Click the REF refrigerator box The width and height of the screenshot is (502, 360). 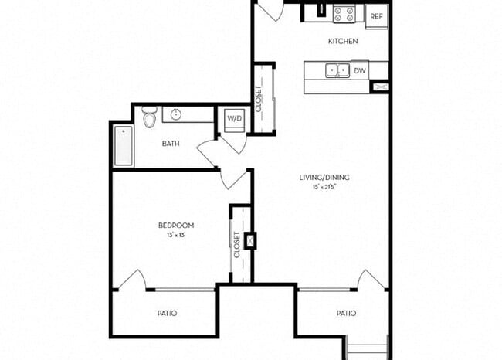click(x=376, y=15)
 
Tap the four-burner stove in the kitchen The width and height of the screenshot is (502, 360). click(x=344, y=14)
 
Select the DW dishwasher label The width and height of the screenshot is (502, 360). click(x=359, y=70)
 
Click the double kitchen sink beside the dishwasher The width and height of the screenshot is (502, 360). click(x=337, y=70)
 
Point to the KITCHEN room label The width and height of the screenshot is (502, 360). click(x=343, y=41)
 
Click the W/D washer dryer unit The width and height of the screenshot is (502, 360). click(x=233, y=119)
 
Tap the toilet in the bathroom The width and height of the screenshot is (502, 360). click(x=150, y=117)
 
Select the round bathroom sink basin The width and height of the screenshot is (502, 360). click(x=176, y=115)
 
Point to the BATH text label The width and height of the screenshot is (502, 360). click(x=171, y=144)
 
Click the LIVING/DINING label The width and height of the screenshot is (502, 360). click(x=321, y=178)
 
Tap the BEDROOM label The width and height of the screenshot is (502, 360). click(x=176, y=225)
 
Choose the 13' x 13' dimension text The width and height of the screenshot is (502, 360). click(x=176, y=234)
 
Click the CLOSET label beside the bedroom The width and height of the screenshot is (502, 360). click(x=236, y=245)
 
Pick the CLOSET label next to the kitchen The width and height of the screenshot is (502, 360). click(x=259, y=98)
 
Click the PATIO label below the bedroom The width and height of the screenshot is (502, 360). click(x=167, y=313)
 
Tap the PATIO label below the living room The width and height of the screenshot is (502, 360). click(x=346, y=313)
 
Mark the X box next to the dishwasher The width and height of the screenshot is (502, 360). click(x=379, y=87)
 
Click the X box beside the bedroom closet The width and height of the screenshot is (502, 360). click(x=249, y=241)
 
